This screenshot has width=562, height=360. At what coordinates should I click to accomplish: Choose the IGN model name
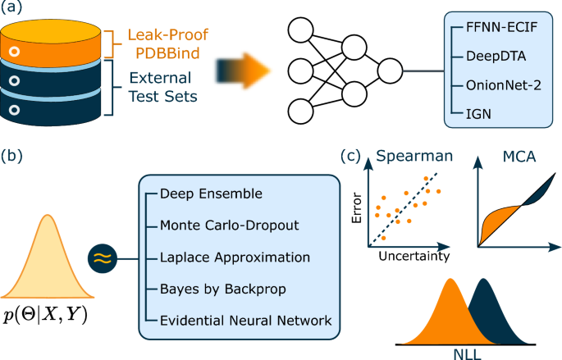[474, 110]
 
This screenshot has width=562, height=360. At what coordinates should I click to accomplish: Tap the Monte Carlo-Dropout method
[231, 225]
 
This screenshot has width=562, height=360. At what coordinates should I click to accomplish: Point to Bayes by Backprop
[213, 287]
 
